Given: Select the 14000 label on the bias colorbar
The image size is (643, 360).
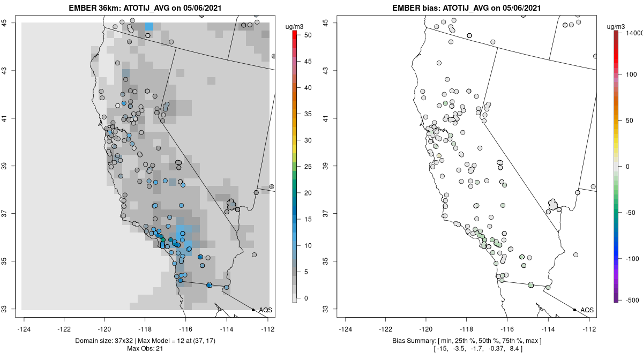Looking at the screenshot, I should tap(632, 33).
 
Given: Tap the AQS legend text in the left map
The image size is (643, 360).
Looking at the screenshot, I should tap(265, 310).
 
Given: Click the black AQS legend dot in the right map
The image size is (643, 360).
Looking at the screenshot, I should tap(574, 310).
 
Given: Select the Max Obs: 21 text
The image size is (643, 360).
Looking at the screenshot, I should tap(146, 349).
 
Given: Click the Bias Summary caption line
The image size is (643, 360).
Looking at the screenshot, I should tap(467, 341).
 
